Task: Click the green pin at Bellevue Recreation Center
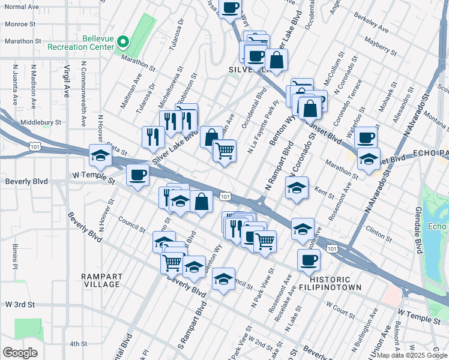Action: click(x=124, y=42)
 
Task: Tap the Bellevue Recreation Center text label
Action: click(x=86, y=42)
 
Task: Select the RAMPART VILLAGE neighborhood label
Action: click(x=102, y=280)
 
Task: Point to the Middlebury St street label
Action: click(x=41, y=122)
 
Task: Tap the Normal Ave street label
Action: click(x=19, y=7)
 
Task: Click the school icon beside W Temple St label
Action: click(x=100, y=156)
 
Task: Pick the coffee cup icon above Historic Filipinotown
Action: click(x=309, y=260)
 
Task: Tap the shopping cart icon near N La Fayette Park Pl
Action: click(x=224, y=150)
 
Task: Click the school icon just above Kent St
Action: click(x=297, y=188)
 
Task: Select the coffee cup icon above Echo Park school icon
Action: click(x=365, y=137)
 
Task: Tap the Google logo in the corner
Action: click(x=20, y=353)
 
